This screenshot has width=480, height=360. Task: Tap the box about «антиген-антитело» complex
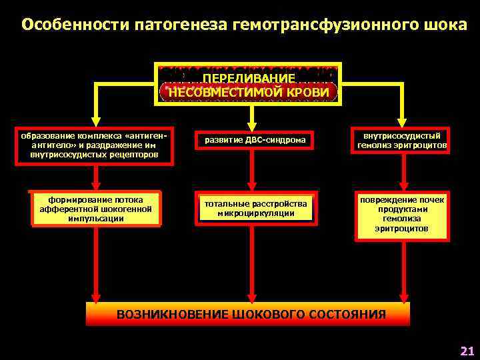[98, 145]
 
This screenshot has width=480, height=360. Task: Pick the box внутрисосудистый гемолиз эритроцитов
[401, 141]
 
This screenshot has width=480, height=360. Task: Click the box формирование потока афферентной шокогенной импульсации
[96, 209]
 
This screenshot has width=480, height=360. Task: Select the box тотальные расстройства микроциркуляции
[251, 209]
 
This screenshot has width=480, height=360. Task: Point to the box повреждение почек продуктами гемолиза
[401, 214]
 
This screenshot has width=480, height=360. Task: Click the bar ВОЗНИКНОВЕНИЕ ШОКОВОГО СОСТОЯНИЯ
[250, 314]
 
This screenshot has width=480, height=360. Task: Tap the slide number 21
[467, 351]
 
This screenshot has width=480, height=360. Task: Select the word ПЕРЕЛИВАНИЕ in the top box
[249, 78]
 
